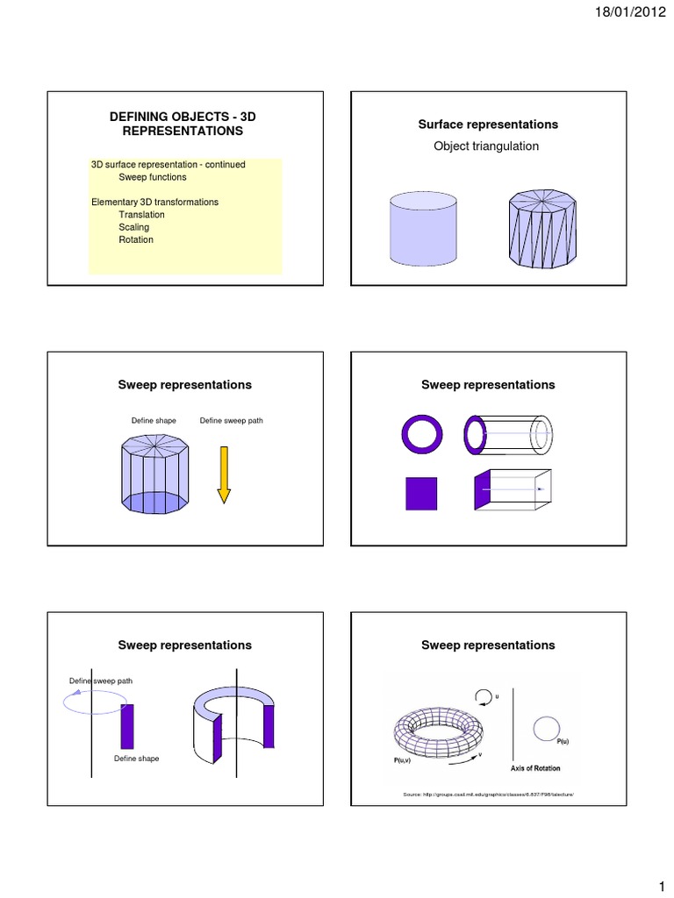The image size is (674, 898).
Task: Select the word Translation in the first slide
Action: tap(141, 215)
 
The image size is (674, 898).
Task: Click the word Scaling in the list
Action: tap(134, 227)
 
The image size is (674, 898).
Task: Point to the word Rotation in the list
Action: tap(136, 239)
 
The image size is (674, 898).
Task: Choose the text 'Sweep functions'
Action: tap(153, 177)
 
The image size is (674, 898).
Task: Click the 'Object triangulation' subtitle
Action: tap(486, 146)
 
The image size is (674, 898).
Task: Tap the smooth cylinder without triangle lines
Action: tap(423, 229)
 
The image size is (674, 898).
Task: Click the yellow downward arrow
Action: tap(224, 474)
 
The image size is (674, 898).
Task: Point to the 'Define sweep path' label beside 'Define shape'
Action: tap(232, 421)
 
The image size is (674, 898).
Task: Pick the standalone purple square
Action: tap(421, 494)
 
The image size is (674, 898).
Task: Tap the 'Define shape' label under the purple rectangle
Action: tap(137, 759)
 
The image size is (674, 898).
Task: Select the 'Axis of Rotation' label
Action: tap(535, 768)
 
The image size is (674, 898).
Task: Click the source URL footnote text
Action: tap(487, 795)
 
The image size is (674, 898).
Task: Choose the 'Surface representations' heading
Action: tap(488, 125)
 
